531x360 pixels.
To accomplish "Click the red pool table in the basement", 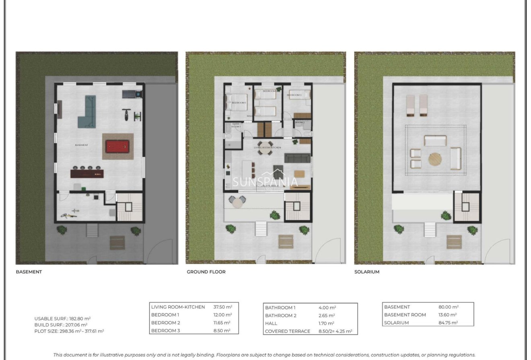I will click(x=117, y=146).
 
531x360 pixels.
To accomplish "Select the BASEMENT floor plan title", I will click(x=29, y=272).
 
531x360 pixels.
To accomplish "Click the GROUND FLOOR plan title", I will click(x=206, y=272).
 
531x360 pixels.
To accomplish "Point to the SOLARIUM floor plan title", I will click(x=366, y=272).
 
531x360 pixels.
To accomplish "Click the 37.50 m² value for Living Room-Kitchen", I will click(x=222, y=307).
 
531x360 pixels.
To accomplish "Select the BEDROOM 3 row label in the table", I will click(x=165, y=330).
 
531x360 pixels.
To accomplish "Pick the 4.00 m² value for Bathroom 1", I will click(x=327, y=308).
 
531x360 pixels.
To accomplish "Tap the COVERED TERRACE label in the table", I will click(x=287, y=331).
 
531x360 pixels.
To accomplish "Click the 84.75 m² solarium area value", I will click(x=449, y=323).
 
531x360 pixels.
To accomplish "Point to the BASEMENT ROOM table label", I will click(x=405, y=315).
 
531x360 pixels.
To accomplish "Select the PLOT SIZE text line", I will click(x=69, y=331).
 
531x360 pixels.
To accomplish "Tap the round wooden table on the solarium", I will click(x=435, y=159).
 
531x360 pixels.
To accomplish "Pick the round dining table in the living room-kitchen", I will click(x=265, y=145).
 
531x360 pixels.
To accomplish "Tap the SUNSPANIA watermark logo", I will click(x=265, y=182).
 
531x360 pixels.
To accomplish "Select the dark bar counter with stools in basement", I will click(x=87, y=173).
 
